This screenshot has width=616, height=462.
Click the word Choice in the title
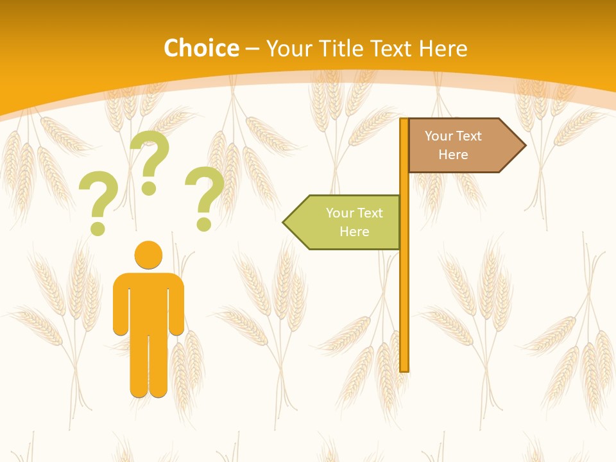tap(201, 48)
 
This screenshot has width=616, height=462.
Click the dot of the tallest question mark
tap(149, 188)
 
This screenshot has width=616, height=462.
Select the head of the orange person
tap(148, 255)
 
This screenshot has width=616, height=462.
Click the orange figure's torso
tap(148, 302)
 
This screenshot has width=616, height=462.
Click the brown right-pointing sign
tap(459, 146)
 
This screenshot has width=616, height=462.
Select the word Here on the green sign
tap(354, 232)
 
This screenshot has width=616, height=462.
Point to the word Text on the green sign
tap(370, 213)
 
